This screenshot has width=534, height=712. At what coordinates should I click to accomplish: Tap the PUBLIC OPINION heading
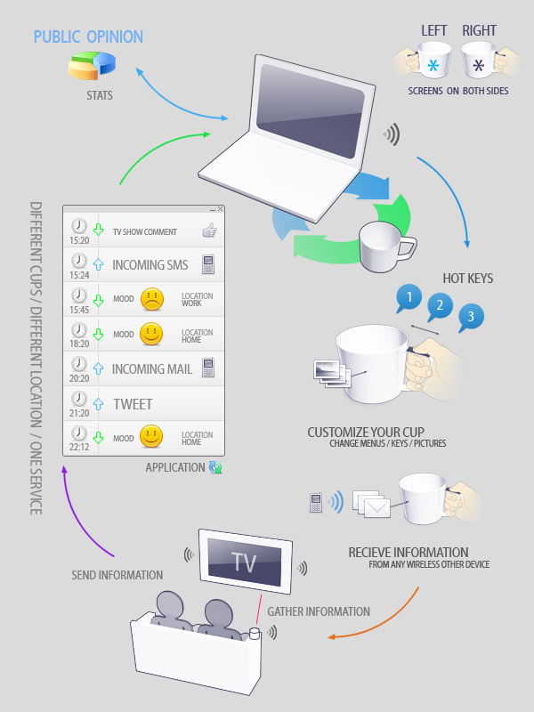pyautogui.click(x=88, y=36)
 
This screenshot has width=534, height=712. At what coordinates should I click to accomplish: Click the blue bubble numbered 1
pyautogui.click(x=408, y=296)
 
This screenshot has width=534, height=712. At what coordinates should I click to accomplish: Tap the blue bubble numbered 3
pyautogui.click(x=470, y=316)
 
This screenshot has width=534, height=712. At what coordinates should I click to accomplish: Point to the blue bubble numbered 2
pyautogui.click(x=438, y=307)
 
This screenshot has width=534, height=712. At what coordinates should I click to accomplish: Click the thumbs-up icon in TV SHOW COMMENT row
pyautogui.click(x=209, y=231)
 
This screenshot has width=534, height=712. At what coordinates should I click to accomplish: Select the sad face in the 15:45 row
pyautogui.click(x=152, y=299)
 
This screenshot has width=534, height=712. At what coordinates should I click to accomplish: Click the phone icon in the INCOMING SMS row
pyautogui.click(x=208, y=264)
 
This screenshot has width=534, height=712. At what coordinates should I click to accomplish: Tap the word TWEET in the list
pyautogui.click(x=133, y=404)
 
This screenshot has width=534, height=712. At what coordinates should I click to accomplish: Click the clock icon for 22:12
pyautogui.click(x=79, y=433)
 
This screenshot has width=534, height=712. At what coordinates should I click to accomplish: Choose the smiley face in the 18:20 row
pyautogui.click(x=152, y=334)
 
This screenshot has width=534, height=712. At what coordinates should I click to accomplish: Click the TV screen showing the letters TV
pyautogui.click(x=244, y=562)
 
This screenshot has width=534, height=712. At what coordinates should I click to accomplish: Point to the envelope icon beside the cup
pyautogui.click(x=376, y=507)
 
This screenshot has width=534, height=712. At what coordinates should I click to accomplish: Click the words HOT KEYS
pyautogui.click(x=467, y=279)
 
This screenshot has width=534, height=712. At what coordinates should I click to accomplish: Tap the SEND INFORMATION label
pyautogui.click(x=117, y=575)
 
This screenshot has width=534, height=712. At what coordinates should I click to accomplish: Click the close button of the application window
pyautogui.click(x=220, y=208)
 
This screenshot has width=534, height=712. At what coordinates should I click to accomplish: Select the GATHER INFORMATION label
pyautogui.click(x=318, y=611)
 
